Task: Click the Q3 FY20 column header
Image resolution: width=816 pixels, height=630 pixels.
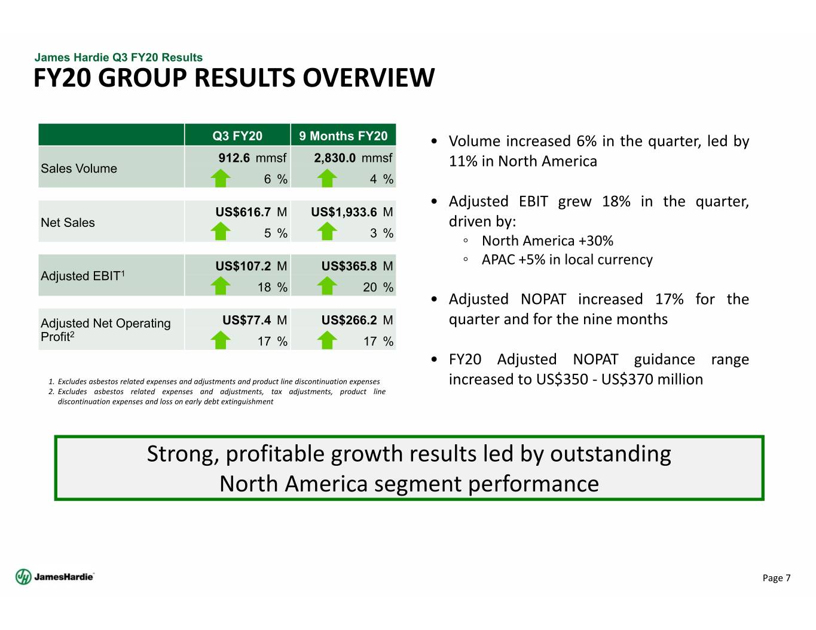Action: click(x=237, y=136)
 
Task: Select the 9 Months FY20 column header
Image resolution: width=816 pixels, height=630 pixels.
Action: click(x=343, y=136)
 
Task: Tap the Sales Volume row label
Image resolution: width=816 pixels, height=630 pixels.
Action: click(x=79, y=168)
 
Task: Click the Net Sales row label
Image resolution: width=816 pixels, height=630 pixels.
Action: click(x=68, y=222)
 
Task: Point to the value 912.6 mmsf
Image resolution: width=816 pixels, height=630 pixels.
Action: click(x=252, y=158)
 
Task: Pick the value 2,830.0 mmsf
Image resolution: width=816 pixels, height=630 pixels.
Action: click(x=353, y=158)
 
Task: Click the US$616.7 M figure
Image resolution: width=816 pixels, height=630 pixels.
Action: click(x=251, y=212)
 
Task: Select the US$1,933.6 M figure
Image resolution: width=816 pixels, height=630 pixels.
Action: click(x=352, y=212)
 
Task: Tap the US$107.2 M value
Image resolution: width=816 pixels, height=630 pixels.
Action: click(x=251, y=266)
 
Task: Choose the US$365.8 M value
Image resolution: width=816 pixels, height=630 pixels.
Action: click(x=357, y=266)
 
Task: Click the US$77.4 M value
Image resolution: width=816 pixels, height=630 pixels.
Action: click(x=255, y=320)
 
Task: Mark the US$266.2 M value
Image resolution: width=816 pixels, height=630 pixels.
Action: click(x=357, y=320)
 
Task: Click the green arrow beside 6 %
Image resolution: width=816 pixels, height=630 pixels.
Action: click(x=221, y=178)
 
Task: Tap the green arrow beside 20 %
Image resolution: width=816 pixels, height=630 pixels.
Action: click(x=327, y=286)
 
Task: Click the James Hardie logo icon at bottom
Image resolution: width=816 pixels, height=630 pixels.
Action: click(x=23, y=577)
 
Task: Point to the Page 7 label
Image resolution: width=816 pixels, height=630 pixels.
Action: click(x=776, y=578)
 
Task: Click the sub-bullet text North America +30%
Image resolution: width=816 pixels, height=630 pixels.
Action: click(x=548, y=241)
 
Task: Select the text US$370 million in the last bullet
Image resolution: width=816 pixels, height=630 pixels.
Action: click(x=652, y=379)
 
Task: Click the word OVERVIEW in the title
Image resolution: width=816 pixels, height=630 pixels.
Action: click(x=369, y=78)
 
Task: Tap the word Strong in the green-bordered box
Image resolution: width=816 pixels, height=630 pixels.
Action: click(x=183, y=454)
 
